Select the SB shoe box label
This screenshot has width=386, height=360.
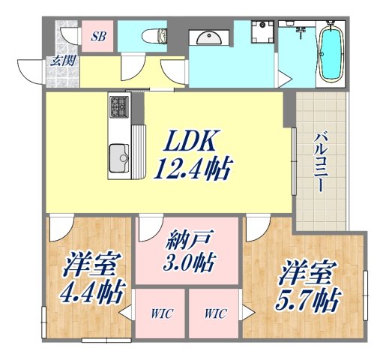(x=98, y=35)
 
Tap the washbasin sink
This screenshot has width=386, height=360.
(x=207, y=37)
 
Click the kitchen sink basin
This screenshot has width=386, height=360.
(x=119, y=157)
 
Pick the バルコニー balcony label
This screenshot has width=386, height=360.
(x=320, y=161)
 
